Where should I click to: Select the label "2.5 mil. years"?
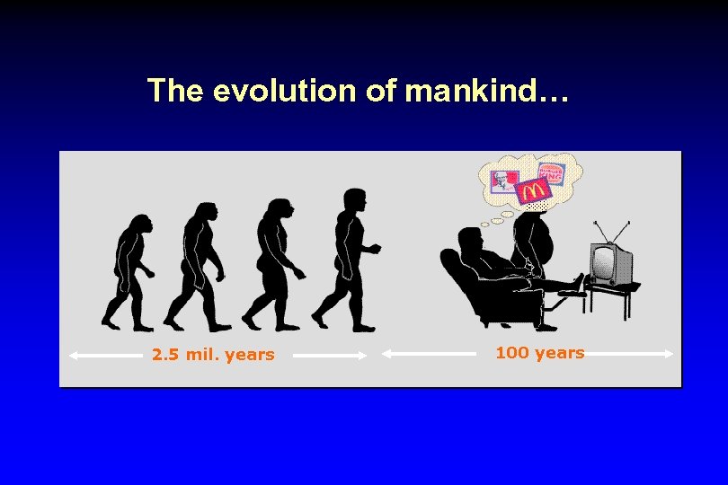click(213, 355)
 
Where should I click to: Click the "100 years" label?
click(539, 353)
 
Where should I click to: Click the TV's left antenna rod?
click(601, 231)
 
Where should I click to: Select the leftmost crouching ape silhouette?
click(128, 269)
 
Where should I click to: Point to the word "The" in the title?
click(177, 91)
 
